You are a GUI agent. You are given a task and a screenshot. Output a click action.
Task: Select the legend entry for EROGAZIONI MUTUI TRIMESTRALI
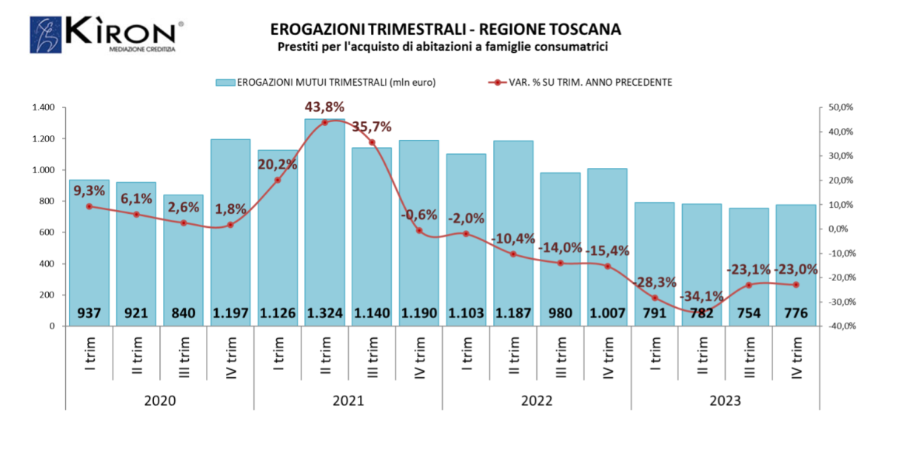coord(326,82)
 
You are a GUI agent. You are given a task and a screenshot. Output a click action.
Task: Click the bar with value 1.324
coord(324,222)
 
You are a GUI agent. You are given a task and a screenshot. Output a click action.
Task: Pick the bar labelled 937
coord(89,252)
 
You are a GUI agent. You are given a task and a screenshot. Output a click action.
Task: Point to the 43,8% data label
coord(324,107)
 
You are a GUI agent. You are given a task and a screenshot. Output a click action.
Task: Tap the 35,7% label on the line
coord(372,127)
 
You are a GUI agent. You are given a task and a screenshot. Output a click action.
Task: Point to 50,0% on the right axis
coord(840,108)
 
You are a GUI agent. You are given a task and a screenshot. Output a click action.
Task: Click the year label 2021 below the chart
coord(348,400)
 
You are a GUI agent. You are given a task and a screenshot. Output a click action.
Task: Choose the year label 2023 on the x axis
coord(725,400)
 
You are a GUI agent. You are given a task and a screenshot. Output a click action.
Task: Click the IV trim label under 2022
coord(608,357)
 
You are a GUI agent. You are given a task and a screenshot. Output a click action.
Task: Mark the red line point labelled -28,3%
coord(655,298)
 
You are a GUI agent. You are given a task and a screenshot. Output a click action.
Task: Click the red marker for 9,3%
coord(89,206)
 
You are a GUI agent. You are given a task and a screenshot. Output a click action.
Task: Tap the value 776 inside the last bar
coord(796,314)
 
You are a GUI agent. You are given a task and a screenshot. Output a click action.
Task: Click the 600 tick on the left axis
coord(47,232)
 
